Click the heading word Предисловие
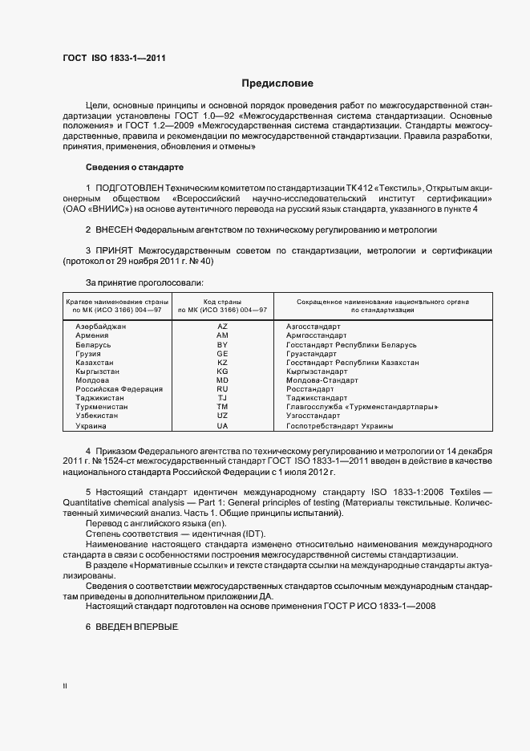[277, 83]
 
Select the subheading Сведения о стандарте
[135, 167]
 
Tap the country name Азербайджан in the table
[101, 327]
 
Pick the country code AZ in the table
[222, 327]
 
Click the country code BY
[222, 344]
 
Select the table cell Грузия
[88, 353]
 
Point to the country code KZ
[222, 363]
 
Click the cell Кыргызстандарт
[317, 371]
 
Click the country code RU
[222, 389]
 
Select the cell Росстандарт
[310, 389]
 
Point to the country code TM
[222, 407]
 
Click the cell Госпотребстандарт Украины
[339, 425]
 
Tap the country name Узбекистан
[97, 416]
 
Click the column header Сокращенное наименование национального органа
[382, 301]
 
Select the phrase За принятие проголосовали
[144, 282]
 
